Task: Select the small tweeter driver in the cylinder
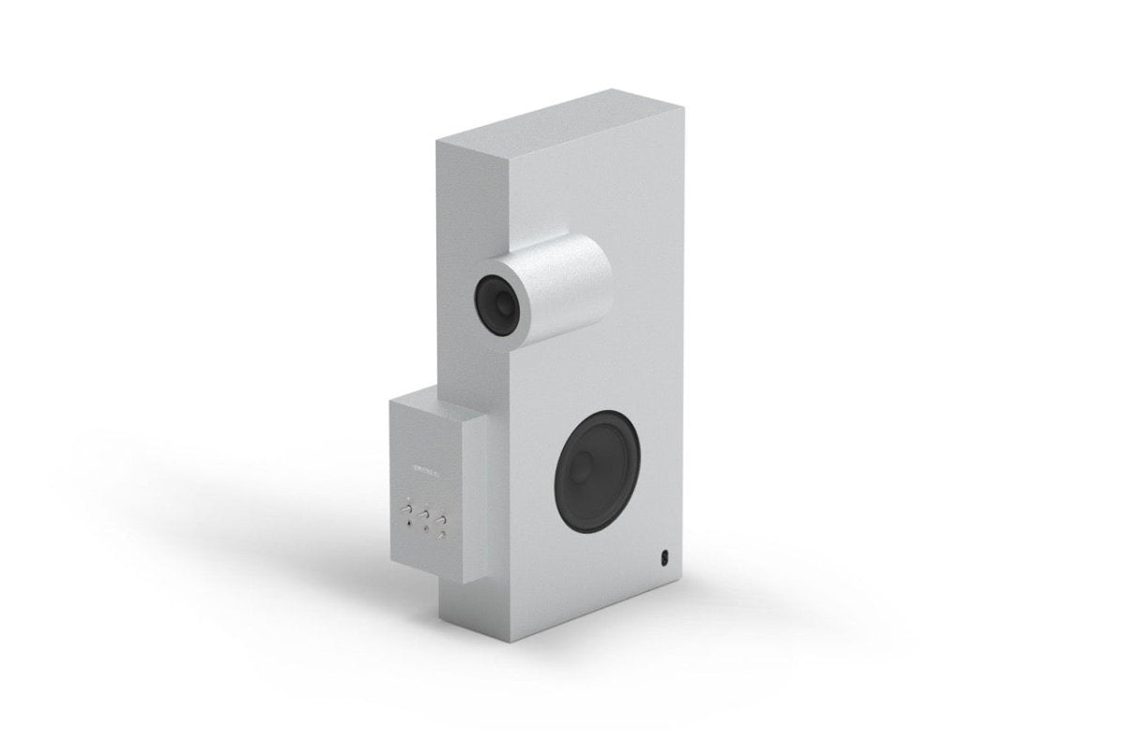click(496, 301)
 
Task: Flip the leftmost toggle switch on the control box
click(408, 510)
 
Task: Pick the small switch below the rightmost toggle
click(441, 535)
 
